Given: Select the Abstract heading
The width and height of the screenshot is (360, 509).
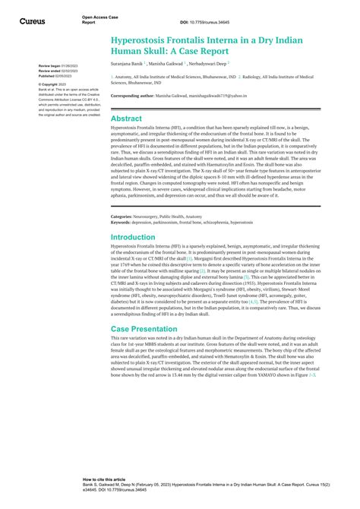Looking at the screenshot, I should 127,119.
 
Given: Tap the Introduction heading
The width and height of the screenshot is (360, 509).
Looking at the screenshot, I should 133,237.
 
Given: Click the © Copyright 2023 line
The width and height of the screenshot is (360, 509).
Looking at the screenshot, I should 54,84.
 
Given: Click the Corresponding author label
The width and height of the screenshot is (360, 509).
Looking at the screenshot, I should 137,96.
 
